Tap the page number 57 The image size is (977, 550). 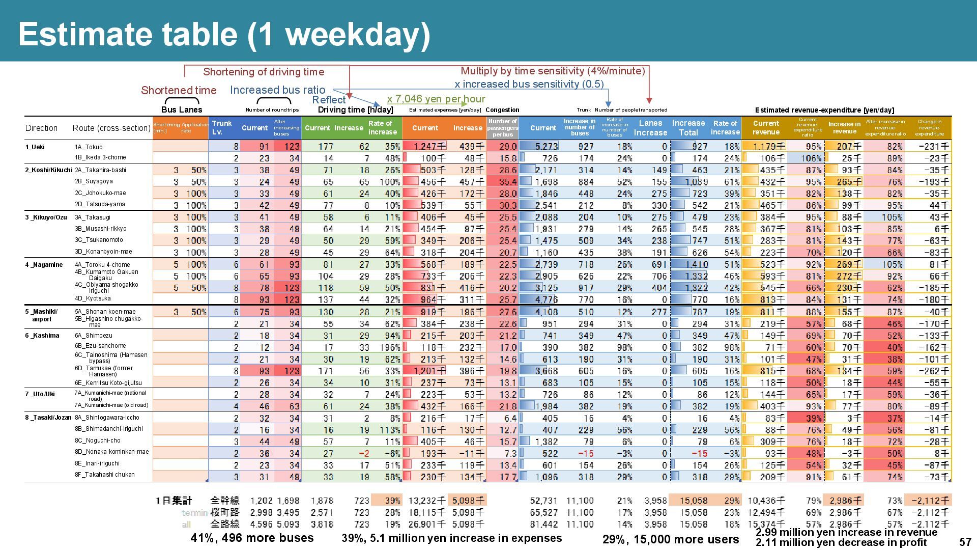965,542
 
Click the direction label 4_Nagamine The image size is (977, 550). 44,265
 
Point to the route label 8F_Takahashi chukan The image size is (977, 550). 105,475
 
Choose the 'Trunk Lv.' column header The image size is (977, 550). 222,127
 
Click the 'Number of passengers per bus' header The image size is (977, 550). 502,128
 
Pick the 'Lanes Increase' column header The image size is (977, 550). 650,128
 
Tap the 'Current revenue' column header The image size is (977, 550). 766,128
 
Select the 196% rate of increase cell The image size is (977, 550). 389,348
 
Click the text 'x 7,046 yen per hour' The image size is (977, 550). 436,99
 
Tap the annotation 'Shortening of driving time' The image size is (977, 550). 264,72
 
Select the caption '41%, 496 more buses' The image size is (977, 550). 252,538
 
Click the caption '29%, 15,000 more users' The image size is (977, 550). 670,539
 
